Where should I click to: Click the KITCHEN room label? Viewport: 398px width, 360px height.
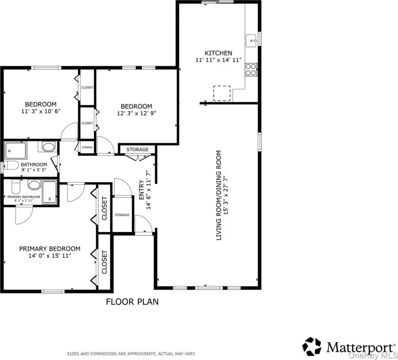(x=218, y=53)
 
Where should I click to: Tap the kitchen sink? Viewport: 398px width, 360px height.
(x=252, y=41)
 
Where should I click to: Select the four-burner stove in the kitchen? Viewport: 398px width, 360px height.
(x=251, y=70)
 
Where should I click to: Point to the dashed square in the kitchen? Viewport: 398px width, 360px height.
(x=222, y=93)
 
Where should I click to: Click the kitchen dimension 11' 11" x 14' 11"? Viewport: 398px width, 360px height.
(x=218, y=60)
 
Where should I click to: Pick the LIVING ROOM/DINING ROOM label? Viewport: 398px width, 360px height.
(x=219, y=195)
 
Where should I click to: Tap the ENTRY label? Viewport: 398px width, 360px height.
(x=142, y=190)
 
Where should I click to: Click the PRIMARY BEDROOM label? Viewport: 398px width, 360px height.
(x=50, y=249)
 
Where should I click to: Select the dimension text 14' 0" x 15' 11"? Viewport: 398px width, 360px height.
(x=50, y=255)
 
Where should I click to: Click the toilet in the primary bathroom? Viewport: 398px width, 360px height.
(x=16, y=187)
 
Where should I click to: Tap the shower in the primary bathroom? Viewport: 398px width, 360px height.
(x=50, y=192)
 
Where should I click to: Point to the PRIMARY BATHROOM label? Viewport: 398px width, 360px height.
(x=23, y=197)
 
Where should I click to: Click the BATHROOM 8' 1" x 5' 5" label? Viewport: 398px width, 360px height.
(x=34, y=167)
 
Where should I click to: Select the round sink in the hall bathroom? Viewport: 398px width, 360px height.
(x=48, y=147)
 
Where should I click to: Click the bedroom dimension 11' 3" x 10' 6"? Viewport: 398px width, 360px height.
(x=41, y=111)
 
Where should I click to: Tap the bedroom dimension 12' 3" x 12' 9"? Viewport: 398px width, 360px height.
(x=136, y=113)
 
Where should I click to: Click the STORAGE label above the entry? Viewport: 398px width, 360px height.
(x=137, y=150)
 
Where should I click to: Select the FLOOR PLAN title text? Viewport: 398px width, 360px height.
(x=132, y=301)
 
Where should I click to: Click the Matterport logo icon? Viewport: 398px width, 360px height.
(x=312, y=346)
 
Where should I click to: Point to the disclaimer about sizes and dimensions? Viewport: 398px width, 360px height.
(x=131, y=353)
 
